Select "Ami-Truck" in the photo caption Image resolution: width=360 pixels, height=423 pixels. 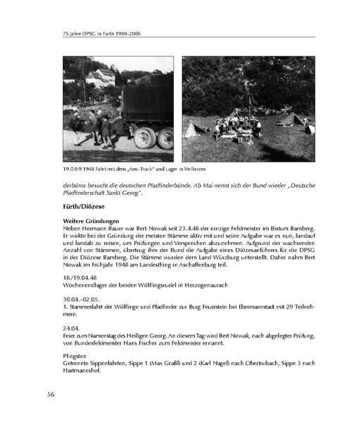[144, 169]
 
